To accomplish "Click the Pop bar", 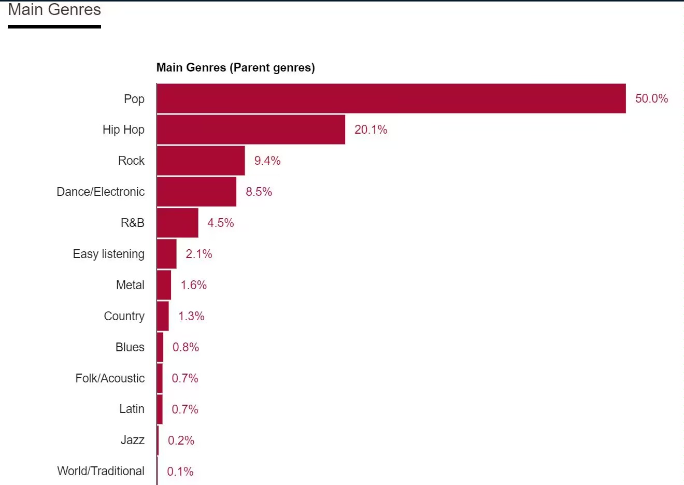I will point(391,98).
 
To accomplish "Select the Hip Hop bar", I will point(251,130).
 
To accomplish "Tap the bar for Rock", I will point(201,161).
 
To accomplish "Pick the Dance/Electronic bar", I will point(196,192).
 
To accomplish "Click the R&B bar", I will point(177,223).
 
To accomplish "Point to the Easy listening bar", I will point(166,254).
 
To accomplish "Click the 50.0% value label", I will point(651,98).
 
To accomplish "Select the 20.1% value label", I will point(370,130).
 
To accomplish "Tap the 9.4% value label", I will point(267,161).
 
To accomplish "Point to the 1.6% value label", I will point(193,285).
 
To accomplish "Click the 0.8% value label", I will point(186,347).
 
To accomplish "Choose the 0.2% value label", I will point(181,440).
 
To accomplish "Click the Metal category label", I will point(130,285).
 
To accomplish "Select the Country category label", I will point(124,316).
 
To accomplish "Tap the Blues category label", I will point(130,347).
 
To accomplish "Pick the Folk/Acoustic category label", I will point(110,378).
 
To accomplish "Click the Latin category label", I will point(132,409).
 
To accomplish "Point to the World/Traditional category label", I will point(101,471).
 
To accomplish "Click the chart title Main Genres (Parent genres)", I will point(235,67).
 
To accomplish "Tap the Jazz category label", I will point(132,440).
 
